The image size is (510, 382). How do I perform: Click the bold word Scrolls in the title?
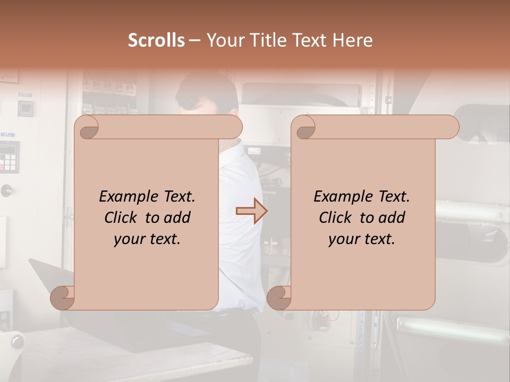coord(156,40)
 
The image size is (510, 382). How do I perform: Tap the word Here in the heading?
coord(352,40)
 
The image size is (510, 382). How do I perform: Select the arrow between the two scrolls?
coord(251,211)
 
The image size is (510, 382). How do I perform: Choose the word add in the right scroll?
coord(393,218)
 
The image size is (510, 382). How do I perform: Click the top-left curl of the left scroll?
coord(87,127)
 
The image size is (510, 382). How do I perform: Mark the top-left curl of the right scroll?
coord(304,127)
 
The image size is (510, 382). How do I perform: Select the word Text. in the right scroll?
coord(394,197)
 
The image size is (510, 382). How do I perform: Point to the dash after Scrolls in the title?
coord(194,40)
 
